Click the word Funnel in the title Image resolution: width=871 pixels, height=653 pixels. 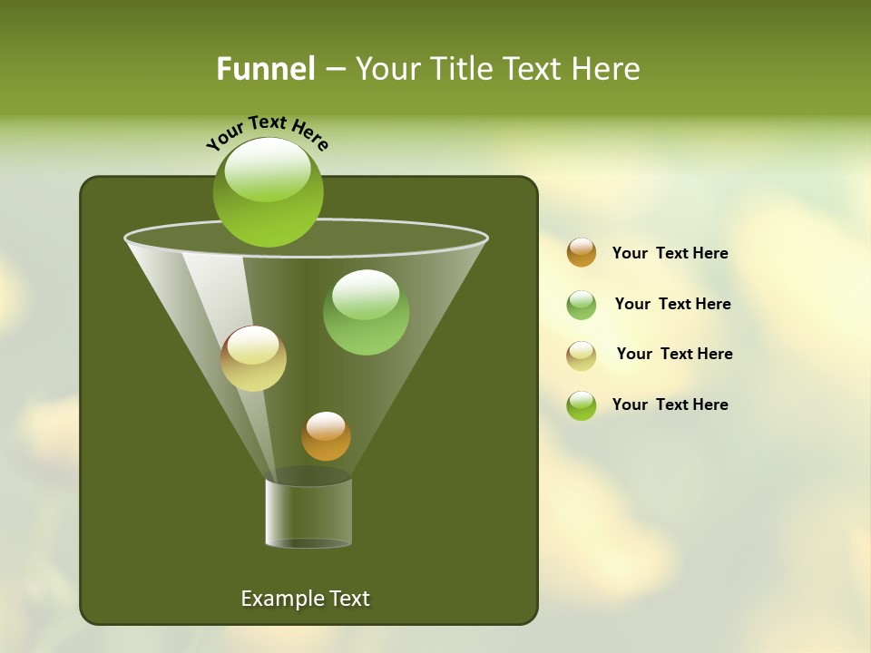coord(265,69)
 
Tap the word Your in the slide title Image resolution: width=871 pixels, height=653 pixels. coord(388,69)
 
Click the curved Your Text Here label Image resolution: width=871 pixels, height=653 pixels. coord(268,132)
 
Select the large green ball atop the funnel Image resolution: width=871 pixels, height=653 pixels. coord(268,191)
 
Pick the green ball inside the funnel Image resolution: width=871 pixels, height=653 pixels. coord(366,312)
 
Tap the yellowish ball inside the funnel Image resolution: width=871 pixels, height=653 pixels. coord(253,358)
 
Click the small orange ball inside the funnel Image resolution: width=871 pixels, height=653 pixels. coord(326,436)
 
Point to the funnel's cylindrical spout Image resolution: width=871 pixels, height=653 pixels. coord(308,513)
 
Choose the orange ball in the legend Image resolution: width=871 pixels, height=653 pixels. coord(582,253)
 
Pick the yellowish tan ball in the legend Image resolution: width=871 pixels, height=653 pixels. coord(582,356)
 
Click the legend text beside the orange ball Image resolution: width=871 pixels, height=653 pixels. coord(670,254)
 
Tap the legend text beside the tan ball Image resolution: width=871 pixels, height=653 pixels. coord(674,355)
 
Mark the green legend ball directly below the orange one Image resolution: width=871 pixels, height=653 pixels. coord(582,305)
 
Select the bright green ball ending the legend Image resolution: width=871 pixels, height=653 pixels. coord(582,405)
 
